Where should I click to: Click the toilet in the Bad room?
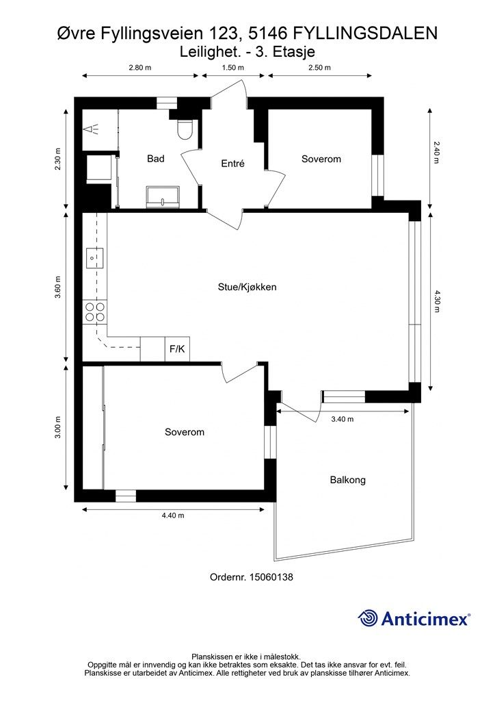point(185,129)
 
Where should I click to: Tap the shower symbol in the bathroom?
point(91,129)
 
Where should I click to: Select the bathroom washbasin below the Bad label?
point(163,197)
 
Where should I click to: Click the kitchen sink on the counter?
point(94,258)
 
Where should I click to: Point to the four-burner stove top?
point(94,311)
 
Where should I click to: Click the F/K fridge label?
point(177,348)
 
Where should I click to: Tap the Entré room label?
point(233,164)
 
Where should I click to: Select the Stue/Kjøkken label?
point(247,287)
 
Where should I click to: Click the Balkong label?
point(348,480)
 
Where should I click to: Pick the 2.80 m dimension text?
point(139,68)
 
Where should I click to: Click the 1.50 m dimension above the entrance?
point(233,68)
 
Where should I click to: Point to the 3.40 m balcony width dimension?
point(343,420)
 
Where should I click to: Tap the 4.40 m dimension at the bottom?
point(173,515)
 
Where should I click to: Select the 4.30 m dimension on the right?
point(437,301)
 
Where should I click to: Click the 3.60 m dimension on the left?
point(58,288)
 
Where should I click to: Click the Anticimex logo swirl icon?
point(368,618)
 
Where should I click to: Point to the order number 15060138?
point(271,577)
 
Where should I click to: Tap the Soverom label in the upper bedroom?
point(321,159)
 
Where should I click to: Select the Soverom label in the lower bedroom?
point(185,433)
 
